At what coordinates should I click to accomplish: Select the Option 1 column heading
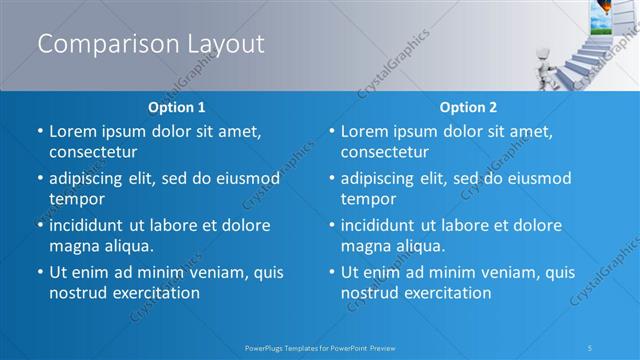click(177, 107)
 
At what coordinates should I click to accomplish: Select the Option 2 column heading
click(468, 107)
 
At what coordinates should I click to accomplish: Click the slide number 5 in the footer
click(590, 348)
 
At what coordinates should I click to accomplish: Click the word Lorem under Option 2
click(367, 131)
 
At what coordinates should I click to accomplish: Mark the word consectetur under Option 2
click(385, 152)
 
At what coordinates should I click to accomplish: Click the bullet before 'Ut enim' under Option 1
click(40, 272)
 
